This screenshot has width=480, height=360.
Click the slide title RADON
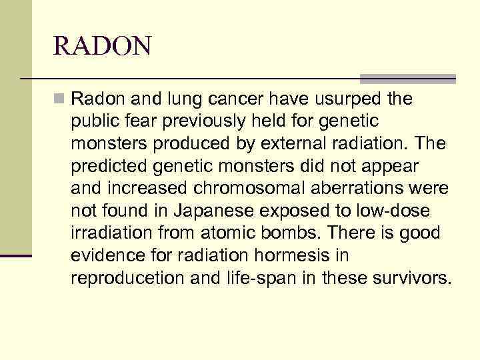tap(103, 47)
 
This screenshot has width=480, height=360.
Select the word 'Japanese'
tap(205, 211)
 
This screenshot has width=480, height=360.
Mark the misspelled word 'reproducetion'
tap(128, 278)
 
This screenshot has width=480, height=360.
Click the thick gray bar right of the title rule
tap(408, 79)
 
